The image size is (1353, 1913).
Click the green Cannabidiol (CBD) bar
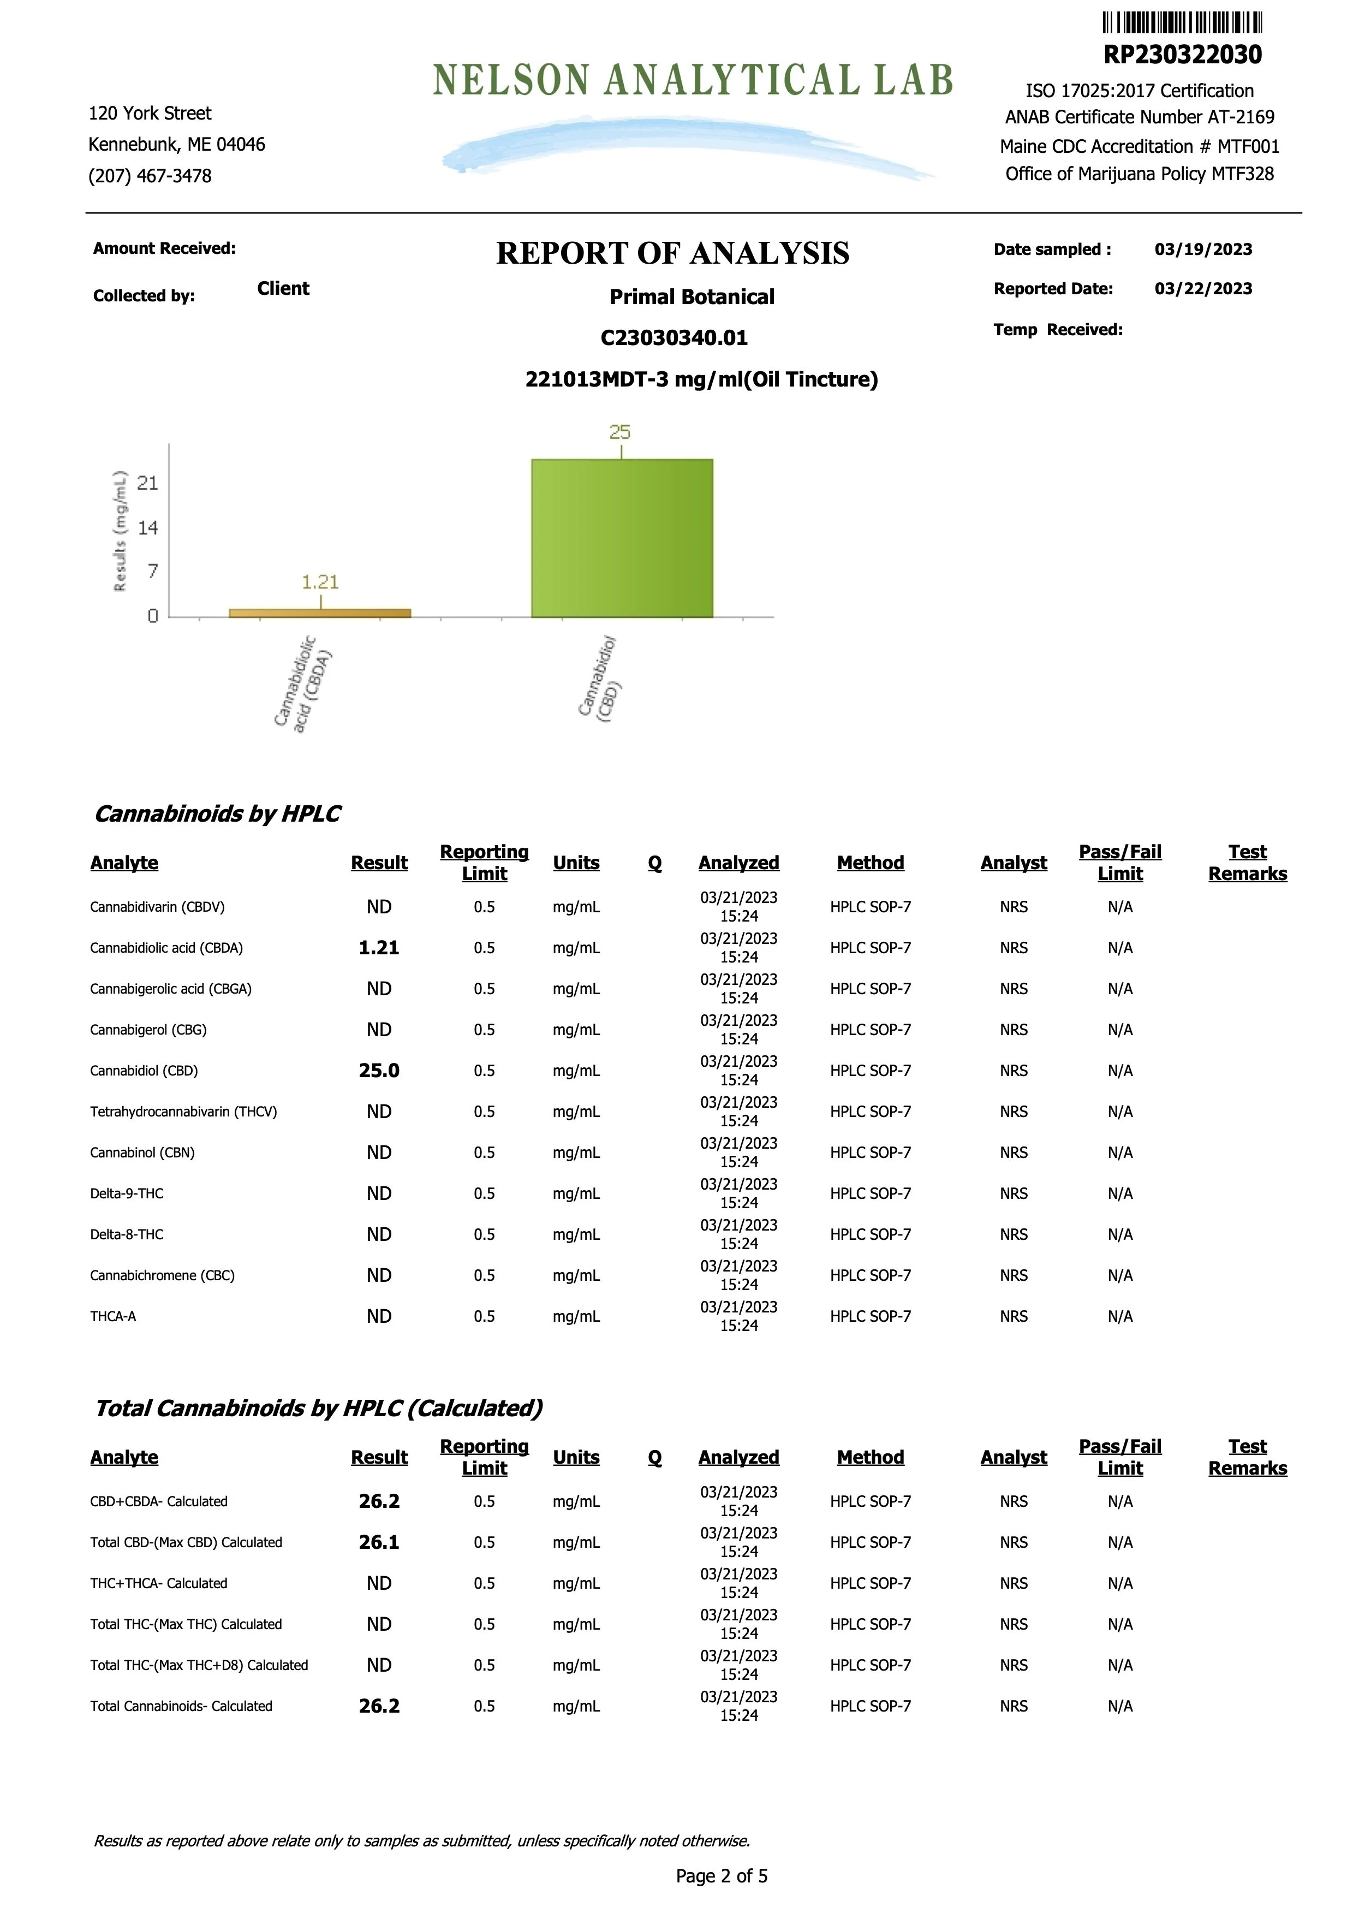tap(622, 538)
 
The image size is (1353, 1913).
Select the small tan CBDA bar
tap(320, 613)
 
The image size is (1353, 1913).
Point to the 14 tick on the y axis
tap(147, 527)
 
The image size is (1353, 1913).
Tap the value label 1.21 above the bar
tap(320, 581)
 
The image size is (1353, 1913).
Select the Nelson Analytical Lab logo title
tap(693, 80)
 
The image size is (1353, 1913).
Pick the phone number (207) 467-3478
tap(150, 176)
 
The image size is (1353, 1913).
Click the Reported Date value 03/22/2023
tap(1203, 288)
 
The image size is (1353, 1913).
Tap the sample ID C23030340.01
tap(674, 337)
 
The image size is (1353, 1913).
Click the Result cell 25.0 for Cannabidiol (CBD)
tap(379, 1071)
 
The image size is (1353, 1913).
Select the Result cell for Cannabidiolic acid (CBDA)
tap(379, 947)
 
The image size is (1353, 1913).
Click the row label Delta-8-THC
tap(127, 1234)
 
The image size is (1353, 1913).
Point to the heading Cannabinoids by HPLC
tap(217, 813)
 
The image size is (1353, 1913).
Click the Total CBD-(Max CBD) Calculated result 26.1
tap(379, 1542)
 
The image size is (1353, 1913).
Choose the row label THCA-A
tap(114, 1316)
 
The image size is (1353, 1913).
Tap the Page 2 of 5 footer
tap(722, 1875)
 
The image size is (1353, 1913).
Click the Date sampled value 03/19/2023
tap(1203, 249)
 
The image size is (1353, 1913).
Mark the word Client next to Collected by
tap(283, 288)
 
